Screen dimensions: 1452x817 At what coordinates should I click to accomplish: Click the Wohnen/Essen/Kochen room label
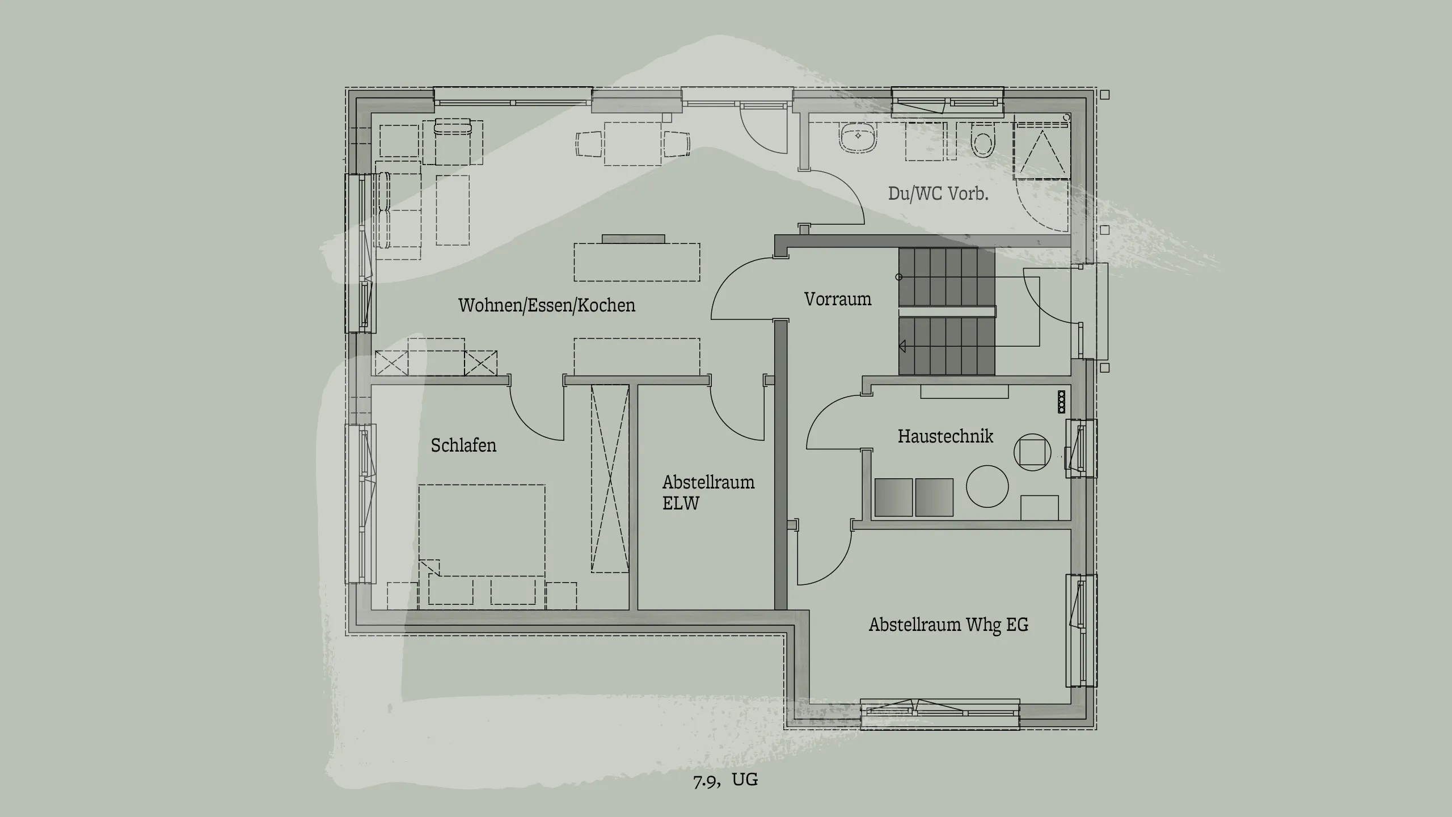coord(546,305)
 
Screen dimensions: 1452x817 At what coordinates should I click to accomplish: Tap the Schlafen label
coord(463,445)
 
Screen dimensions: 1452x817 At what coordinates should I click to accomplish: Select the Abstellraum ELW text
coord(708,492)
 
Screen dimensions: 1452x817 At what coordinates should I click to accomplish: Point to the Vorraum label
coord(837,299)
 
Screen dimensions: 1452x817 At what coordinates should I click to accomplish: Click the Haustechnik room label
coord(945,436)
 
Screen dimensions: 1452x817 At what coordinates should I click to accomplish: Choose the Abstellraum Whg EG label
coord(948,625)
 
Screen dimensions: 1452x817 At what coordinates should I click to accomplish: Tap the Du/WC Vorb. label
coord(938,193)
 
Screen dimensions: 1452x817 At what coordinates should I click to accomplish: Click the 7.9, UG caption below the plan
coord(725,780)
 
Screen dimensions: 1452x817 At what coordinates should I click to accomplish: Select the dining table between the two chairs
coord(633,144)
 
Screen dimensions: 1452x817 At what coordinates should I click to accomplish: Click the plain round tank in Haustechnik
coord(987,486)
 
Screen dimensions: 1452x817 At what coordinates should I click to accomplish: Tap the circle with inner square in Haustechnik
coord(1032,452)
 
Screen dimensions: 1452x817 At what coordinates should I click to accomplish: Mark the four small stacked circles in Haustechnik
coord(1061,402)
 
